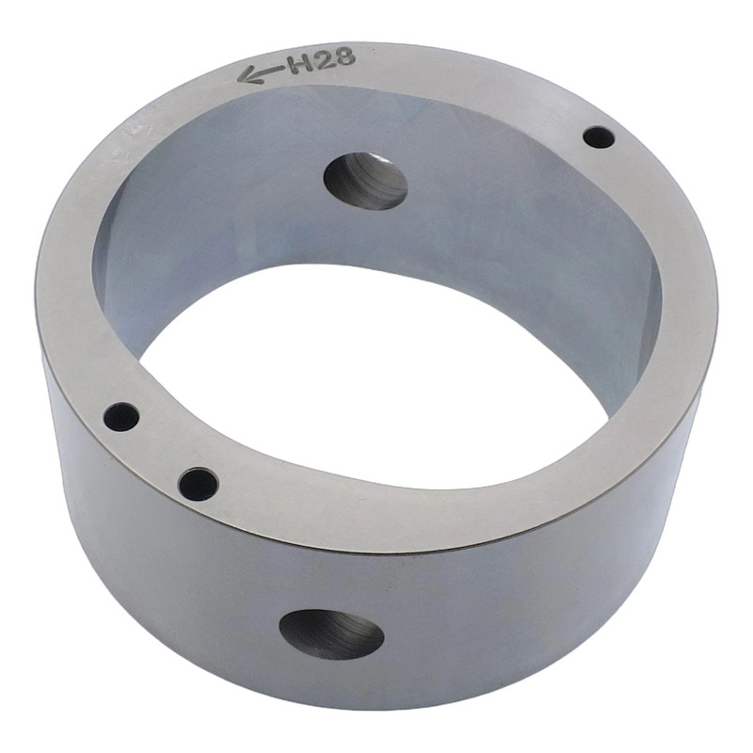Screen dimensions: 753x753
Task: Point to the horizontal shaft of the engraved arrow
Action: point(266,72)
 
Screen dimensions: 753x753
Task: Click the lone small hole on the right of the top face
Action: point(599,137)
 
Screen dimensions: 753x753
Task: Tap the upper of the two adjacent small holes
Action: point(122,416)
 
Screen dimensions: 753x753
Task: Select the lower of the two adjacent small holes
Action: point(199,484)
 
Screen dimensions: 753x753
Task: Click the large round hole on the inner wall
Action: point(366,181)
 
